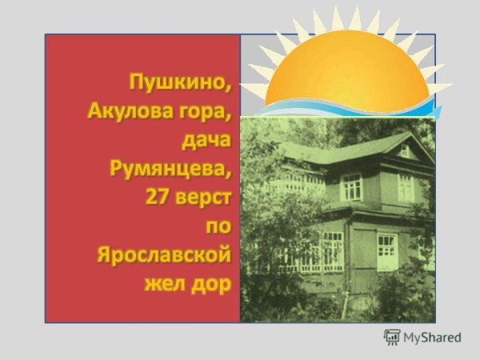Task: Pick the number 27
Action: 158,197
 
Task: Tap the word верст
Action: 203,197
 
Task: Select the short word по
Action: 217,227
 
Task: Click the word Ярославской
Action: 164,257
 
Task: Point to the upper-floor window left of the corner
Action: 351,187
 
